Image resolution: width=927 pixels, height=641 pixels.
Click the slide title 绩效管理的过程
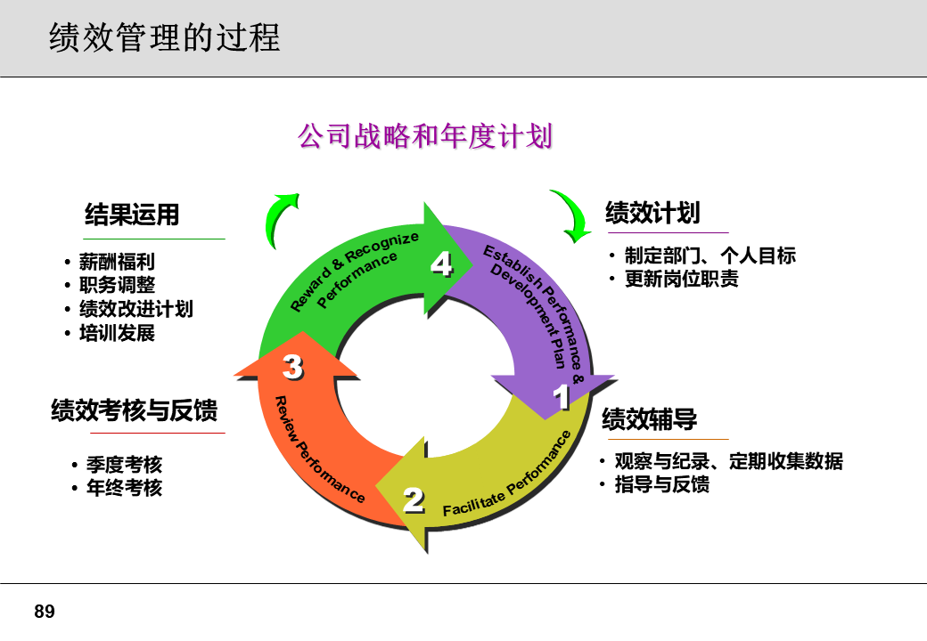(165, 38)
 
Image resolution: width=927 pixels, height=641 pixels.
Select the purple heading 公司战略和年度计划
(425, 136)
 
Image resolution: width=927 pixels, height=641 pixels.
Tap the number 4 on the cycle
(442, 264)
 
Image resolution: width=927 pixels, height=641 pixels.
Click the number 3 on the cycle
(292, 366)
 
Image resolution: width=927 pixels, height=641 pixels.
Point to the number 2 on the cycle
(414, 500)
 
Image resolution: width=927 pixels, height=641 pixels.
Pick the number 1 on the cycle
(562, 397)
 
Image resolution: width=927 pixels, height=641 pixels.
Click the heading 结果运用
(132, 215)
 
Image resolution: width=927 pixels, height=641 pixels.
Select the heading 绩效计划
(652, 213)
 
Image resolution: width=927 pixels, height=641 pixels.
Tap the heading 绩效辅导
(649, 418)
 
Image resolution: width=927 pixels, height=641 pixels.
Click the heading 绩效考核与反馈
(134, 410)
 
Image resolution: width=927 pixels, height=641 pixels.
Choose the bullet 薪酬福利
(117, 263)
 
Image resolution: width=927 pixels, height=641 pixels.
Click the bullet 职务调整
(117, 286)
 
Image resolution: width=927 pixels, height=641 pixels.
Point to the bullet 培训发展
(117, 333)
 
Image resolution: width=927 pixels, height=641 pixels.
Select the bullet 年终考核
(124, 488)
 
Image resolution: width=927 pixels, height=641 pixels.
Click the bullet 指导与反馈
(662, 484)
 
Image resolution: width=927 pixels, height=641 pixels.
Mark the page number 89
(45, 612)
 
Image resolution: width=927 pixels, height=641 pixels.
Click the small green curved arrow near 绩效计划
(571, 215)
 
